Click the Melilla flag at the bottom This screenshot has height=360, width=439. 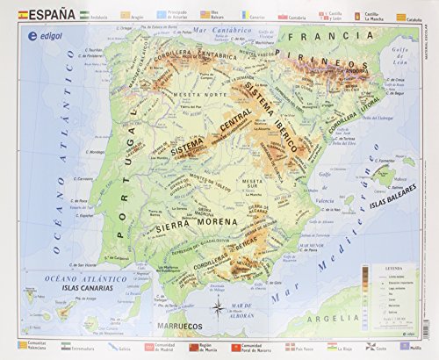tap(399, 347)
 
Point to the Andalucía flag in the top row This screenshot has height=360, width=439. tap(84, 17)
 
